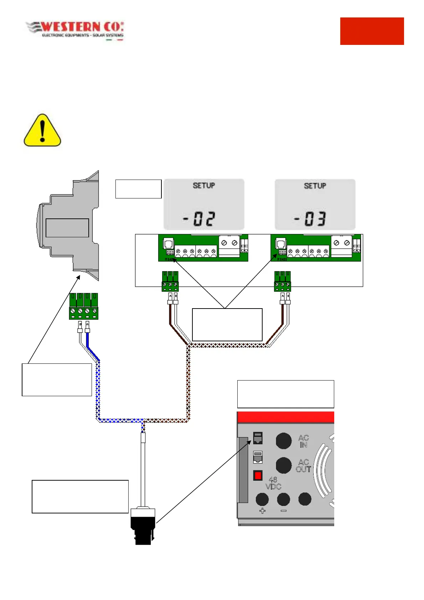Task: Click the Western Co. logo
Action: pyautogui.click(x=75, y=31)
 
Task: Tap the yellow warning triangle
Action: pyautogui.click(x=42, y=131)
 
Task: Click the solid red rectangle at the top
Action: pyautogui.click(x=372, y=31)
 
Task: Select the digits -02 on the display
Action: pyautogui.click(x=200, y=219)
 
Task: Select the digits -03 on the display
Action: pyautogui.click(x=310, y=219)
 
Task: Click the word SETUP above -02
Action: pyautogui.click(x=204, y=186)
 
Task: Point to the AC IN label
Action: pyautogui.click(x=303, y=441)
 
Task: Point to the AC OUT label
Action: pyautogui.click(x=303, y=466)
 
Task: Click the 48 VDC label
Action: pyautogui.click(x=273, y=483)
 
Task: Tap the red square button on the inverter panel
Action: pyautogui.click(x=258, y=475)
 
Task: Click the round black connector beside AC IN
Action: pyautogui.click(x=284, y=441)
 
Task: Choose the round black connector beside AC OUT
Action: pyautogui.click(x=284, y=465)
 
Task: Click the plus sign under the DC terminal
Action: pyautogui.click(x=262, y=511)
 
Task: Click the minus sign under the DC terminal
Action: pyautogui.click(x=284, y=511)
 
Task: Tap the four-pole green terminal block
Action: pyautogui.click(x=84, y=306)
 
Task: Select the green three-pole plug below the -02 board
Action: pyautogui.click(x=170, y=281)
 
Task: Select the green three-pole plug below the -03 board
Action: pyautogui.click(x=283, y=281)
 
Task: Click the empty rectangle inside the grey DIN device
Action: pyautogui.click(x=67, y=228)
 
